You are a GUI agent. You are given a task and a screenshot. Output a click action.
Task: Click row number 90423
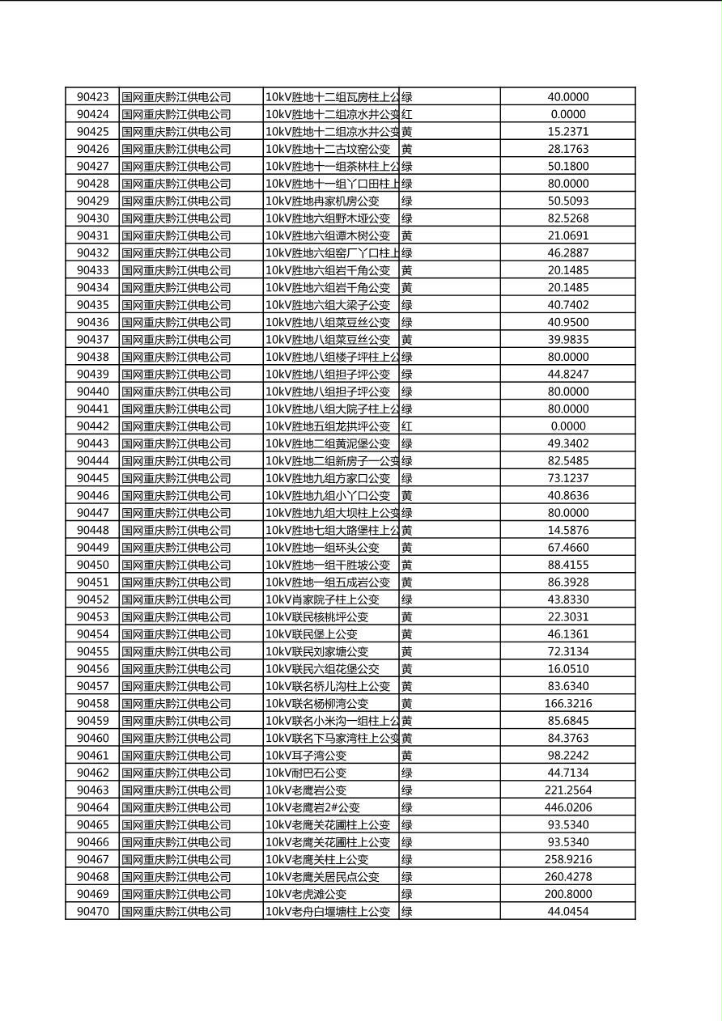92,97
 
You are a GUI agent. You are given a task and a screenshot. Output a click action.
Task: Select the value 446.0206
567,807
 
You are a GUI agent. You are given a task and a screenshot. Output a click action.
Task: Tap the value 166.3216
567,704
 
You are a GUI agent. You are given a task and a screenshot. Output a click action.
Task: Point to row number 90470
92,912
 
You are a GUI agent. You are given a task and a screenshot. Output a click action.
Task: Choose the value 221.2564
567,790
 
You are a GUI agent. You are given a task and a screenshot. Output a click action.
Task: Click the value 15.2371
567,132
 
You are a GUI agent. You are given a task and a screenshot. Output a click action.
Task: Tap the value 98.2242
567,756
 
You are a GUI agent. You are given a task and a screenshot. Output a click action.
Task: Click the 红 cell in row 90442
407,426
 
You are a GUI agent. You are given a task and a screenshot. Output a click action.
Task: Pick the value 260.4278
567,877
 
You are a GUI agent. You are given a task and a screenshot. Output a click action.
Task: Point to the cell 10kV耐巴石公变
306,773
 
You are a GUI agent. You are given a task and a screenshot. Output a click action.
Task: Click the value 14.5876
567,531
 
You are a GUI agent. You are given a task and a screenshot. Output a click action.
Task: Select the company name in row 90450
176,565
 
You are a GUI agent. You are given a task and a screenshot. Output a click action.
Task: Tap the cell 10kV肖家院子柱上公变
322,599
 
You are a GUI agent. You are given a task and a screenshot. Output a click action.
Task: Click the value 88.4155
567,565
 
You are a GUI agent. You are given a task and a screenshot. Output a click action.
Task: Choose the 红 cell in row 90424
407,115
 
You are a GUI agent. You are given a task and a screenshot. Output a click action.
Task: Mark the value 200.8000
567,894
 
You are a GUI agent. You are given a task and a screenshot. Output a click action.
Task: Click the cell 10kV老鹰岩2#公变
312,807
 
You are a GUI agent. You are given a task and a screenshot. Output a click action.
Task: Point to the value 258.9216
567,859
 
